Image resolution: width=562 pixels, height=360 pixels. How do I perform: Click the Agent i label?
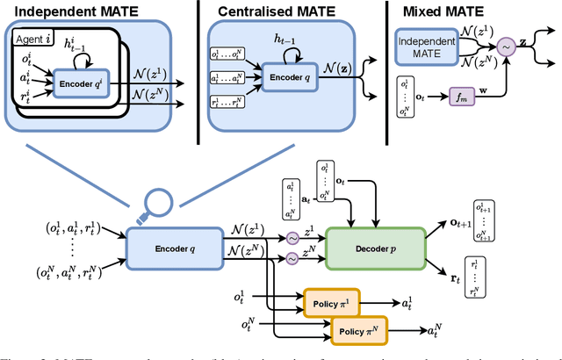32,41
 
